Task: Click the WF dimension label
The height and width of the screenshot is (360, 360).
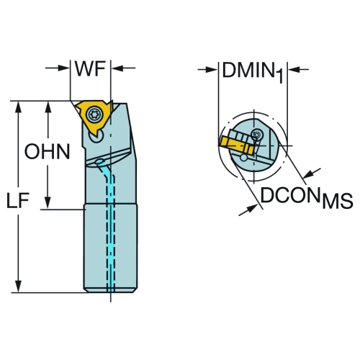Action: (x=90, y=68)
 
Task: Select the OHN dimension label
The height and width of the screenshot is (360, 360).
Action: (x=48, y=151)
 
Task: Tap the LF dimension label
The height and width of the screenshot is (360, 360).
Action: (x=18, y=200)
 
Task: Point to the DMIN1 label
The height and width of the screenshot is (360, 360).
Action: (x=253, y=71)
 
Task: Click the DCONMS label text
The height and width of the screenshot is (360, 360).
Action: (x=307, y=198)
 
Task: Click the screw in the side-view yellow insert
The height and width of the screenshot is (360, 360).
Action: (x=94, y=114)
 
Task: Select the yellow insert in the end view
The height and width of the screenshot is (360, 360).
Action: (x=236, y=145)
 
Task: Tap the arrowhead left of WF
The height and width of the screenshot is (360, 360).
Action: (x=63, y=68)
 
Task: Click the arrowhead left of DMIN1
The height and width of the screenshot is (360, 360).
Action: (x=212, y=70)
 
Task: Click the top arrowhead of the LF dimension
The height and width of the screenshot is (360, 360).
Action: (x=18, y=107)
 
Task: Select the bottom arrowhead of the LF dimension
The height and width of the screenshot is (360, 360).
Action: (x=18, y=286)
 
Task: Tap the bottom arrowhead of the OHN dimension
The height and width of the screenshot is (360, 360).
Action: (x=48, y=202)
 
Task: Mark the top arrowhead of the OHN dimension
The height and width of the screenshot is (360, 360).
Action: (x=48, y=107)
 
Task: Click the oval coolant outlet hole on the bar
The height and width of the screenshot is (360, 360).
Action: (x=99, y=161)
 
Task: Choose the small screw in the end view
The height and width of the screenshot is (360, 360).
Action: (x=256, y=135)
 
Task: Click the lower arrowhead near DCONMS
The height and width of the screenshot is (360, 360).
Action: (x=251, y=208)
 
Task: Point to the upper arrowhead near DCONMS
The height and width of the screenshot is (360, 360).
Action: (x=309, y=174)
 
